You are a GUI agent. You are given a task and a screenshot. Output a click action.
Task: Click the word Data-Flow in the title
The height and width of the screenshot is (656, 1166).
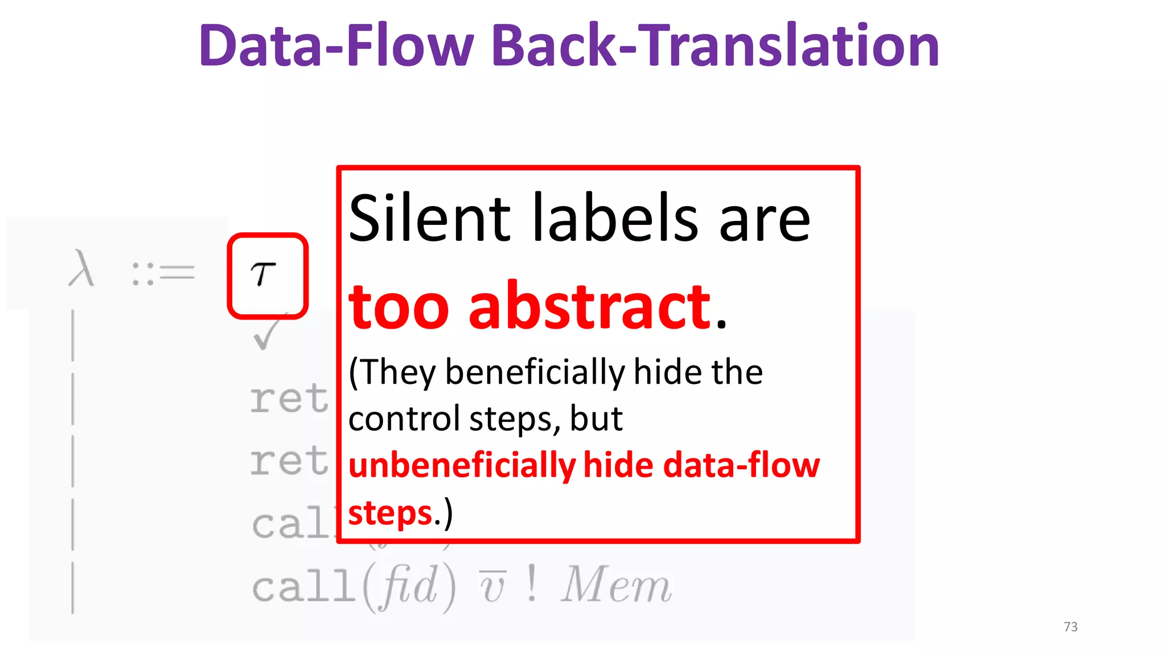(x=336, y=46)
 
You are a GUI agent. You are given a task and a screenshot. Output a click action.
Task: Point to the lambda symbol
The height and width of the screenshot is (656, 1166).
(x=81, y=269)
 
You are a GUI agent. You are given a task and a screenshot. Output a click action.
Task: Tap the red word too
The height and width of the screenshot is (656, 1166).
(x=399, y=307)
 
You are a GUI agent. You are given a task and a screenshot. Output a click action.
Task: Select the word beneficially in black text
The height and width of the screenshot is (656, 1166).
(x=535, y=373)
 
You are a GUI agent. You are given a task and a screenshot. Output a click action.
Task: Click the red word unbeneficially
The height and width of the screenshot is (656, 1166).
(x=462, y=466)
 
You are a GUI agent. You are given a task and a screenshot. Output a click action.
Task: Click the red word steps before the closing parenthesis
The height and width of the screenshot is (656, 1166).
(x=391, y=513)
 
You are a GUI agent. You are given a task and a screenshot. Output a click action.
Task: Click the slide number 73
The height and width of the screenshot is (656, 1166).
(x=1070, y=627)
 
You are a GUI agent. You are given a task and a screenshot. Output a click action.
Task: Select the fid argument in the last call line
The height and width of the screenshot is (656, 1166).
(x=409, y=585)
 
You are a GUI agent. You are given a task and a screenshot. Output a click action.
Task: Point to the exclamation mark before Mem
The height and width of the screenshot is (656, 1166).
(x=531, y=583)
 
